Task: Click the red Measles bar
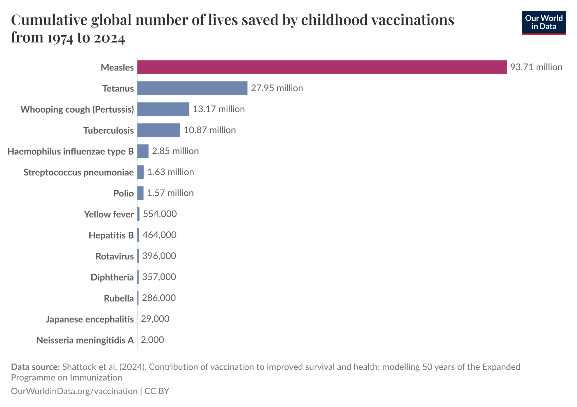click(322, 67)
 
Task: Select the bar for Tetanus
click(192, 88)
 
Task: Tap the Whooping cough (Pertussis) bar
click(163, 109)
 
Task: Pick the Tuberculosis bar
click(159, 130)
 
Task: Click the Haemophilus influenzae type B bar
click(143, 151)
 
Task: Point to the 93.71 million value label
click(536, 67)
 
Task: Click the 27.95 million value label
click(277, 88)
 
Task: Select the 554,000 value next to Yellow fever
click(160, 214)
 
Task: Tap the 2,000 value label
click(152, 340)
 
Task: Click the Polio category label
click(124, 193)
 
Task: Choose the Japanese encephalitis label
click(90, 319)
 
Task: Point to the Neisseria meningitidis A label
click(85, 340)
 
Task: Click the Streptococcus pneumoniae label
click(79, 172)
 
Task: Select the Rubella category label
click(119, 298)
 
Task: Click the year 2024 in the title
click(109, 38)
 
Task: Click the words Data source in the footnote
click(35, 367)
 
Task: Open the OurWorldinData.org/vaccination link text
click(74, 391)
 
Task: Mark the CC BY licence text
click(157, 391)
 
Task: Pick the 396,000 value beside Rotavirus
click(159, 256)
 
